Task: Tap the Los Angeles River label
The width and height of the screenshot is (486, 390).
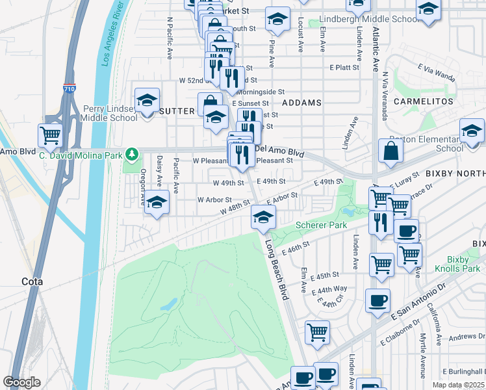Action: point(110,37)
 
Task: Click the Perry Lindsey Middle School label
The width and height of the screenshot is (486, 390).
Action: point(110,113)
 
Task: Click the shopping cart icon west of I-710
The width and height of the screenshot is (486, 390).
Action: point(51,135)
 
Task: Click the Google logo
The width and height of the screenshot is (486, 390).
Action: point(21,382)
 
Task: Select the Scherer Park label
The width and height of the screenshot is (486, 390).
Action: point(321,225)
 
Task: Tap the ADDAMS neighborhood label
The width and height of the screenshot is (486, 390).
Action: point(302,103)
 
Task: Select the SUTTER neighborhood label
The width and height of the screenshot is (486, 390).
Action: point(177,111)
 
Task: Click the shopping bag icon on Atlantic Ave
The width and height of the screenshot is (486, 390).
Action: point(391,152)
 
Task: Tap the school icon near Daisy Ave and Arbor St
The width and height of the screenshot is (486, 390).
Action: point(157,202)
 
